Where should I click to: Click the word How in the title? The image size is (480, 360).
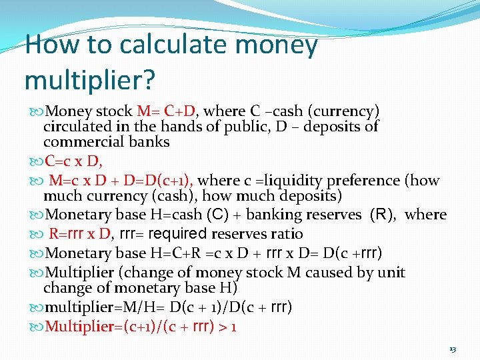[x=47, y=45]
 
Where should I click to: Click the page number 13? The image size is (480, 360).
[x=453, y=349]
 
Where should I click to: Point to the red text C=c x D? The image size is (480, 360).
[x=73, y=161]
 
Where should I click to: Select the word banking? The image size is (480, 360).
[x=281, y=215]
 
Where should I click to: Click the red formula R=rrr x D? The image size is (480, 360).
[x=81, y=234]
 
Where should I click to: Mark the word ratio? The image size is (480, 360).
[x=286, y=234]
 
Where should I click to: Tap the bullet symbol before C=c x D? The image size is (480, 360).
[x=36, y=161]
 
